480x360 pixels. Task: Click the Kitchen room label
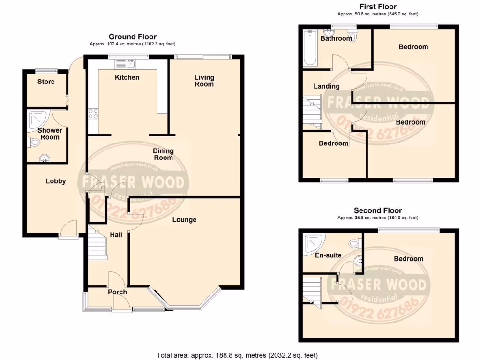[127, 77]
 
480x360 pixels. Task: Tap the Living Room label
[204, 81]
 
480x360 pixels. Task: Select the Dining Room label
[163, 154]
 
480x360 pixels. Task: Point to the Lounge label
[184, 220]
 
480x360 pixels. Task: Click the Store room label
[46, 82]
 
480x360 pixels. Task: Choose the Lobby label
[55, 181]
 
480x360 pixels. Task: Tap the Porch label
[117, 292]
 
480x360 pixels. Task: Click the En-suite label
[328, 255]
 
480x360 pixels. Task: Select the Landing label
[327, 86]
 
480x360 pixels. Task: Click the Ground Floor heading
[133, 37]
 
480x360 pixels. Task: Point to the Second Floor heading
[378, 210]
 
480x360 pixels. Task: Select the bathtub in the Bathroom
[310, 48]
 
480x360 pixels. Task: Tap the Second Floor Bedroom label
[408, 259]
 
